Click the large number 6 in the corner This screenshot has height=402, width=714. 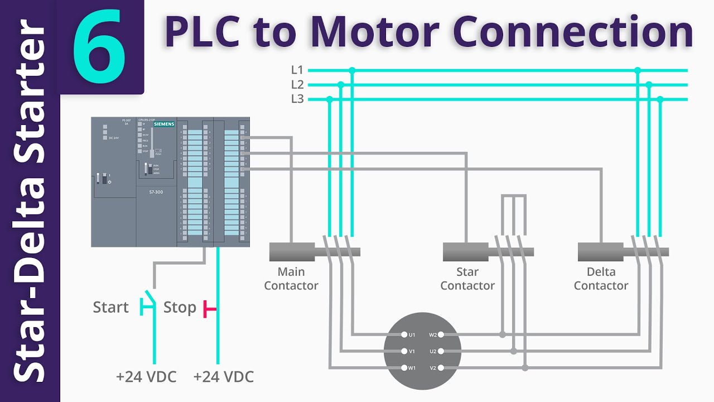click(x=99, y=46)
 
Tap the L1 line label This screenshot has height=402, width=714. click(x=297, y=70)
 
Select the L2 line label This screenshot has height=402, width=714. click(x=297, y=85)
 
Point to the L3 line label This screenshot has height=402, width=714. click(x=297, y=99)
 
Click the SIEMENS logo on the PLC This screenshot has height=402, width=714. click(x=164, y=124)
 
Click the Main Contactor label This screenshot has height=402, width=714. click(x=291, y=279)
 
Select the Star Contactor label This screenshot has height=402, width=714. click(x=467, y=279)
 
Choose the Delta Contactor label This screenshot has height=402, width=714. click(x=601, y=279)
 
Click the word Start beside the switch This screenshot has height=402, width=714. click(x=110, y=308)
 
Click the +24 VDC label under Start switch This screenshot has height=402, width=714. click(x=146, y=377)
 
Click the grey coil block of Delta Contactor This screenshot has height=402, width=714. click(x=601, y=252)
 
